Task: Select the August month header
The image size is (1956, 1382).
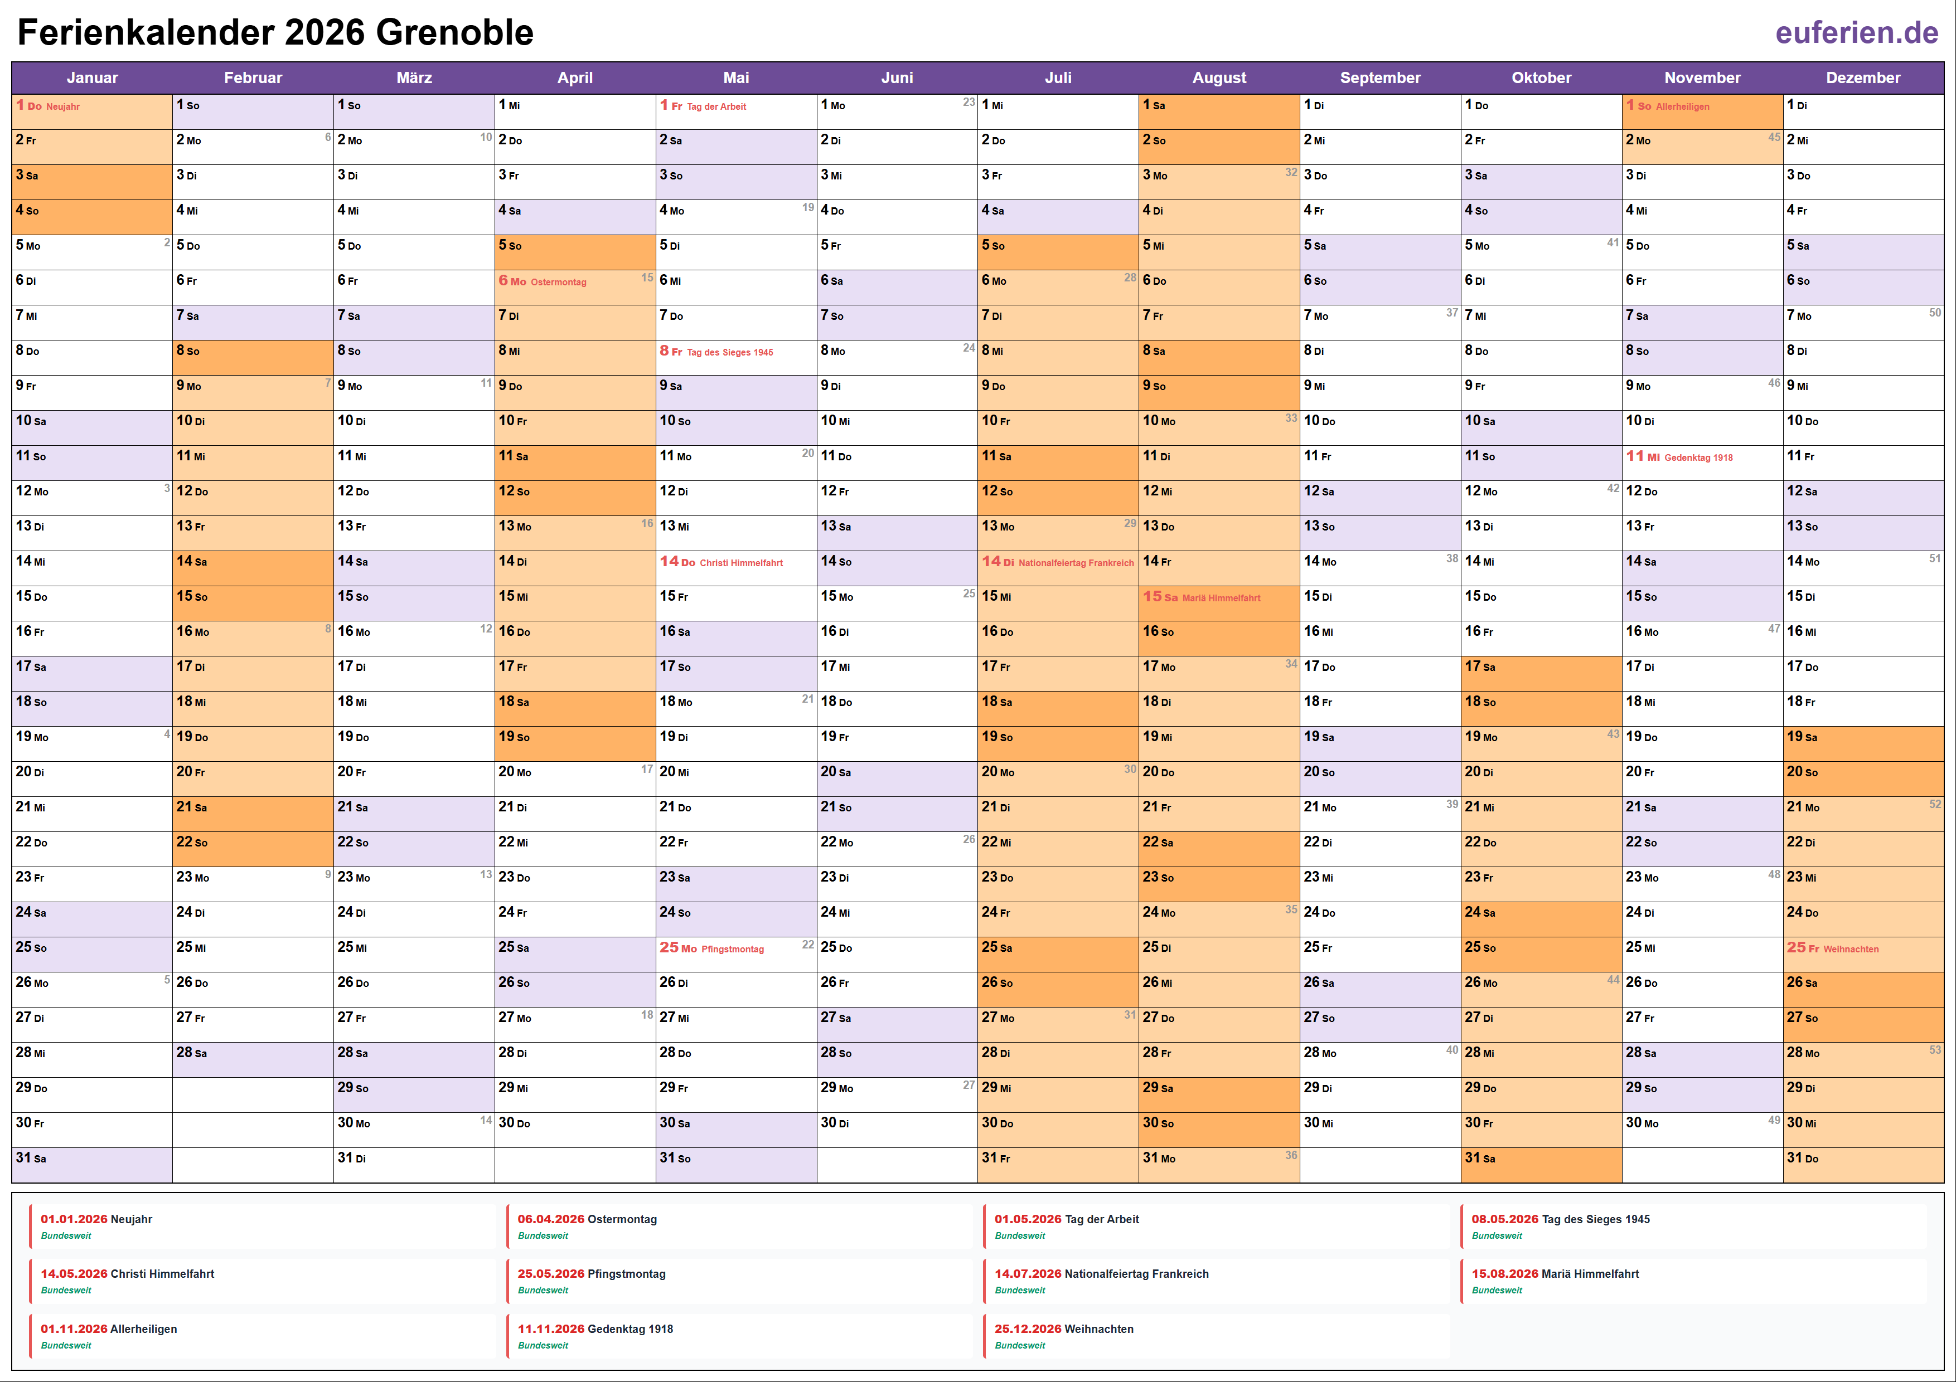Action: pyautogui.click(x=1218, y=77)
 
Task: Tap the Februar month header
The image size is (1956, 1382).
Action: pyautogui.click(x=253, y=77)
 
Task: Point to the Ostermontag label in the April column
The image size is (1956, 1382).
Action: pyautogui.click(x=558, y=283)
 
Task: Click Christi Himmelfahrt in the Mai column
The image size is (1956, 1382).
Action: pyautogui.click(x=741, y=563)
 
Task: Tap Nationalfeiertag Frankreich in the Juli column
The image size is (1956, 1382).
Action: pyautogui.click(x=1076, y=563)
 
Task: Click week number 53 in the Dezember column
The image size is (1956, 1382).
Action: pyautogui.click(x=1935, y=1050)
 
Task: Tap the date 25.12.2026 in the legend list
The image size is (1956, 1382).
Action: pyautogui.click(x=1028, y=1329)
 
